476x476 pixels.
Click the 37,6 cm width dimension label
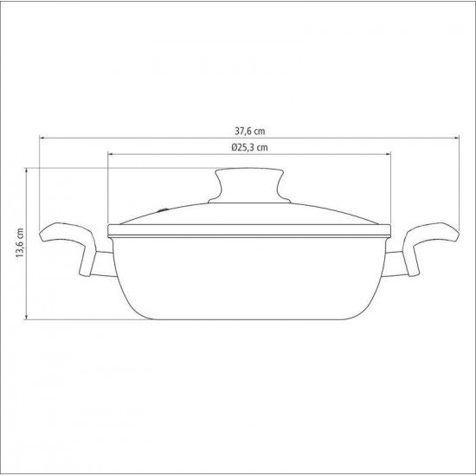click(x=248, y=131)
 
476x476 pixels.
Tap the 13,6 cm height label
click(x=19, y=245)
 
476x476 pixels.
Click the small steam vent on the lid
click(x=166, y=209)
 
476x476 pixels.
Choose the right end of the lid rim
click(x=392, y=231)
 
